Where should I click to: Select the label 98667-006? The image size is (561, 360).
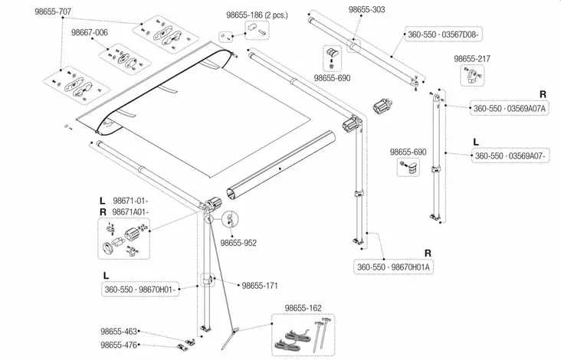pos(90,34)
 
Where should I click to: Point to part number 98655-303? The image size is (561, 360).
pos(367,11)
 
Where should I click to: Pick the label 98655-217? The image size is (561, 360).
pos(472,59)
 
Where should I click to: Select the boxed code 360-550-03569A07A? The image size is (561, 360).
pos(509,109)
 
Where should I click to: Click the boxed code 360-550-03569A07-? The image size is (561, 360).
pos(510,155)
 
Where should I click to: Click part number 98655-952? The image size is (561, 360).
pos(238,243)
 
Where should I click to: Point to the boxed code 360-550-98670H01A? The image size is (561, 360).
pos(394,266)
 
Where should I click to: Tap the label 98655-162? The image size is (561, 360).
pos(303,308)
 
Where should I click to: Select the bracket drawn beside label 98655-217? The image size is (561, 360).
pos(471,76)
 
